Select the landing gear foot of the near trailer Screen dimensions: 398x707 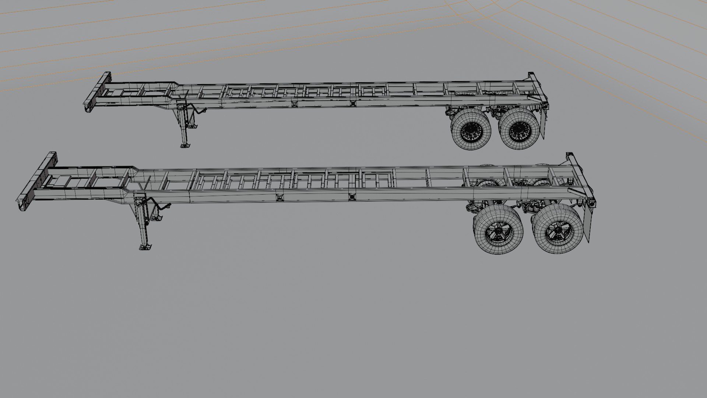click(145, 246)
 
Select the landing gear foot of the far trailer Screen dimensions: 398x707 click(186, 144)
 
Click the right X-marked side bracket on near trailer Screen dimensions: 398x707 click(352, 197)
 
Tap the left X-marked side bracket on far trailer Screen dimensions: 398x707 click(294, 104)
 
